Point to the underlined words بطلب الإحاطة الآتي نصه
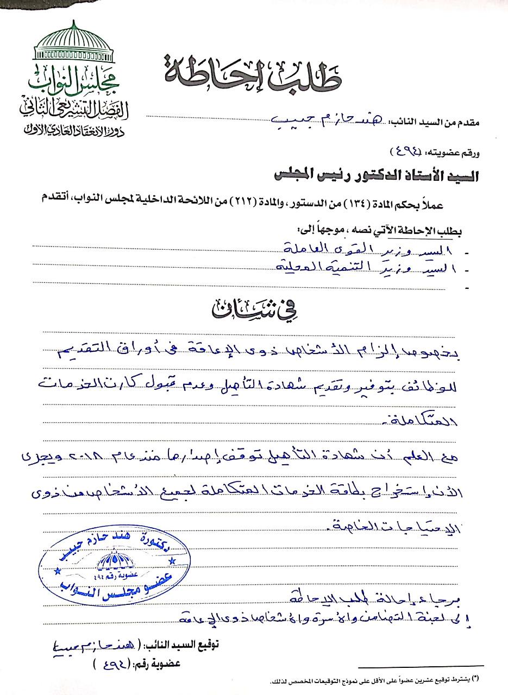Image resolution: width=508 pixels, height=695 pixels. click(424, 230)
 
